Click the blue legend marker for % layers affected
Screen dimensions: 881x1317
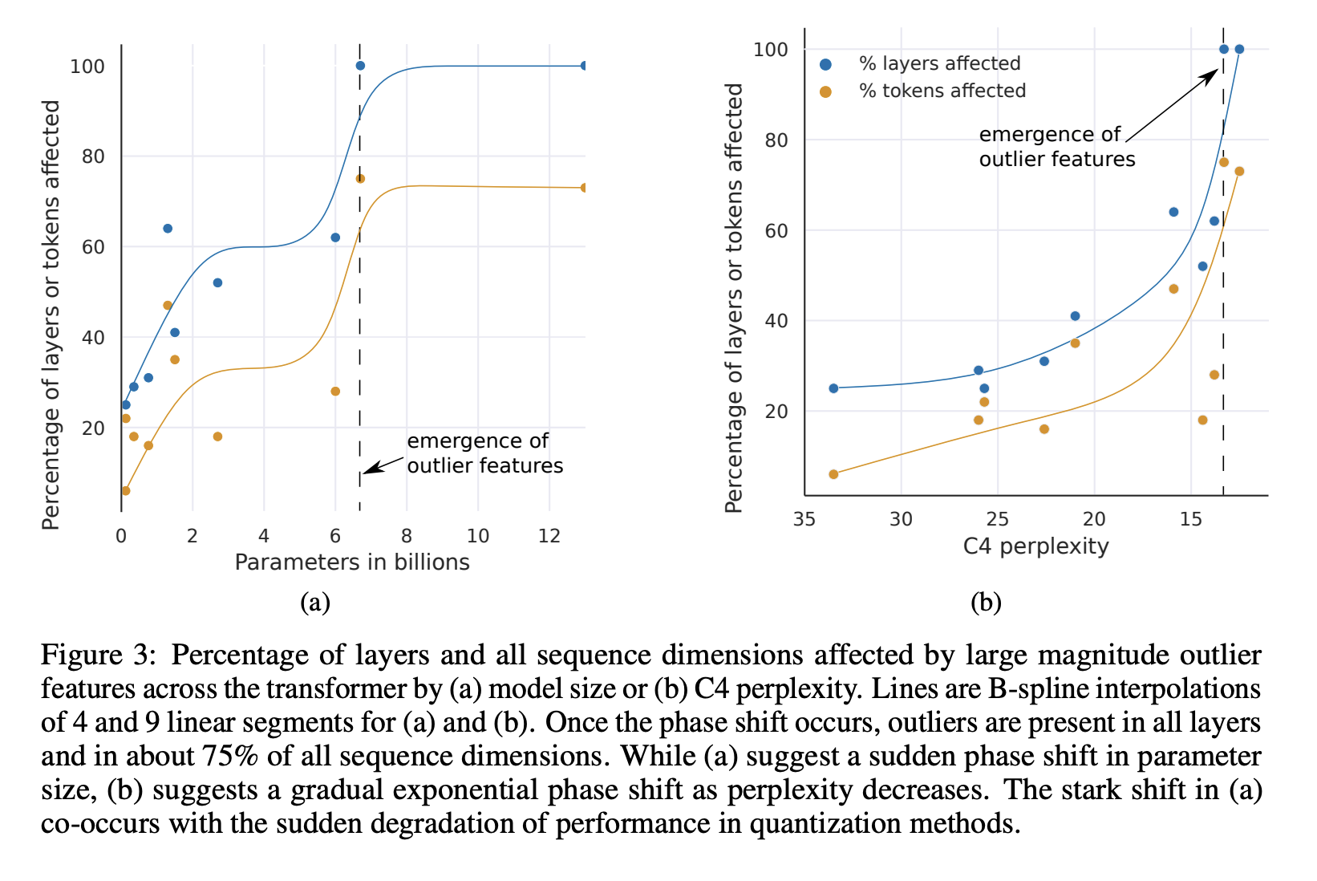[825, 64]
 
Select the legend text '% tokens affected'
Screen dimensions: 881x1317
[942, 91]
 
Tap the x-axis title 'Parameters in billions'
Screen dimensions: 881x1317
[351, 562]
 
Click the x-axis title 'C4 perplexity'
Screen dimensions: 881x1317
[1035, 546]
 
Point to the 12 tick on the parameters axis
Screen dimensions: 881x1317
[549, 536]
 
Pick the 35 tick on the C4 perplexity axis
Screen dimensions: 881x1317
[804, 519]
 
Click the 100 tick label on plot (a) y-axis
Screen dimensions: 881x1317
[87, 66]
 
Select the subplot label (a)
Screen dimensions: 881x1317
[314, 602]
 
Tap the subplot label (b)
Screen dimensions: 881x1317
[986, 602]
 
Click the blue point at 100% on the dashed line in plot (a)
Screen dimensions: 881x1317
[360, 66]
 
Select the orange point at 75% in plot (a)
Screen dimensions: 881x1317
[360, 179]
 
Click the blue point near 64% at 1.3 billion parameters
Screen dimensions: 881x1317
[168, 229]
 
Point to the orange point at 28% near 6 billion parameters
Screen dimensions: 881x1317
[335, 392]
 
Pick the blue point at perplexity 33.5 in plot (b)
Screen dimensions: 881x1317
[833, 388]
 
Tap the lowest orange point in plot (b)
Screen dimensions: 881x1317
[833, 474]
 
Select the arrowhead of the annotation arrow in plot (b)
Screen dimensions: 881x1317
[1213, 74]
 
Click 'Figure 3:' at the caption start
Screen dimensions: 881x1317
[96, 656]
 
